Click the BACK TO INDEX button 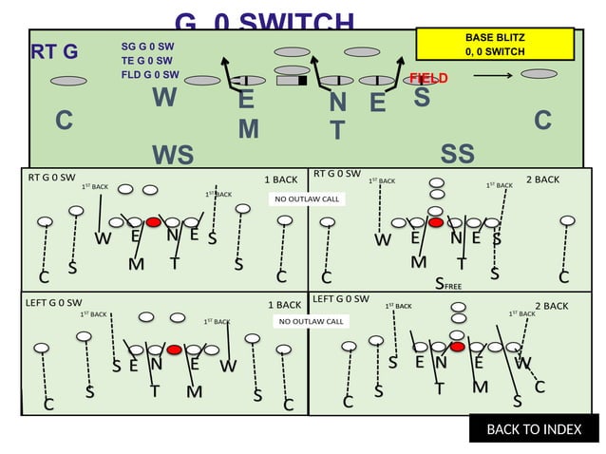pos(534,429)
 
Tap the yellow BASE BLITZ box pos(495,43)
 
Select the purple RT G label pos(54,51)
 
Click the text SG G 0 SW pos(147,46)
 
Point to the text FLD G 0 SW pos(150,74)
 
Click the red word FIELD pos(428,78)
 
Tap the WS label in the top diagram pos(172,155)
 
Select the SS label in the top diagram pos(457,154)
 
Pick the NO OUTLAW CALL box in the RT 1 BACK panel pos(307,199)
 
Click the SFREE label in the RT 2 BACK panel pos(447,282)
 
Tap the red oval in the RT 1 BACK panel pos(154,221)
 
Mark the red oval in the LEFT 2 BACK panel pos(458,347)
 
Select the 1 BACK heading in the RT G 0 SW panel pos(280,179)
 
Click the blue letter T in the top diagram pos(336,130)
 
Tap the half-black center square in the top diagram pos(290,81)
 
